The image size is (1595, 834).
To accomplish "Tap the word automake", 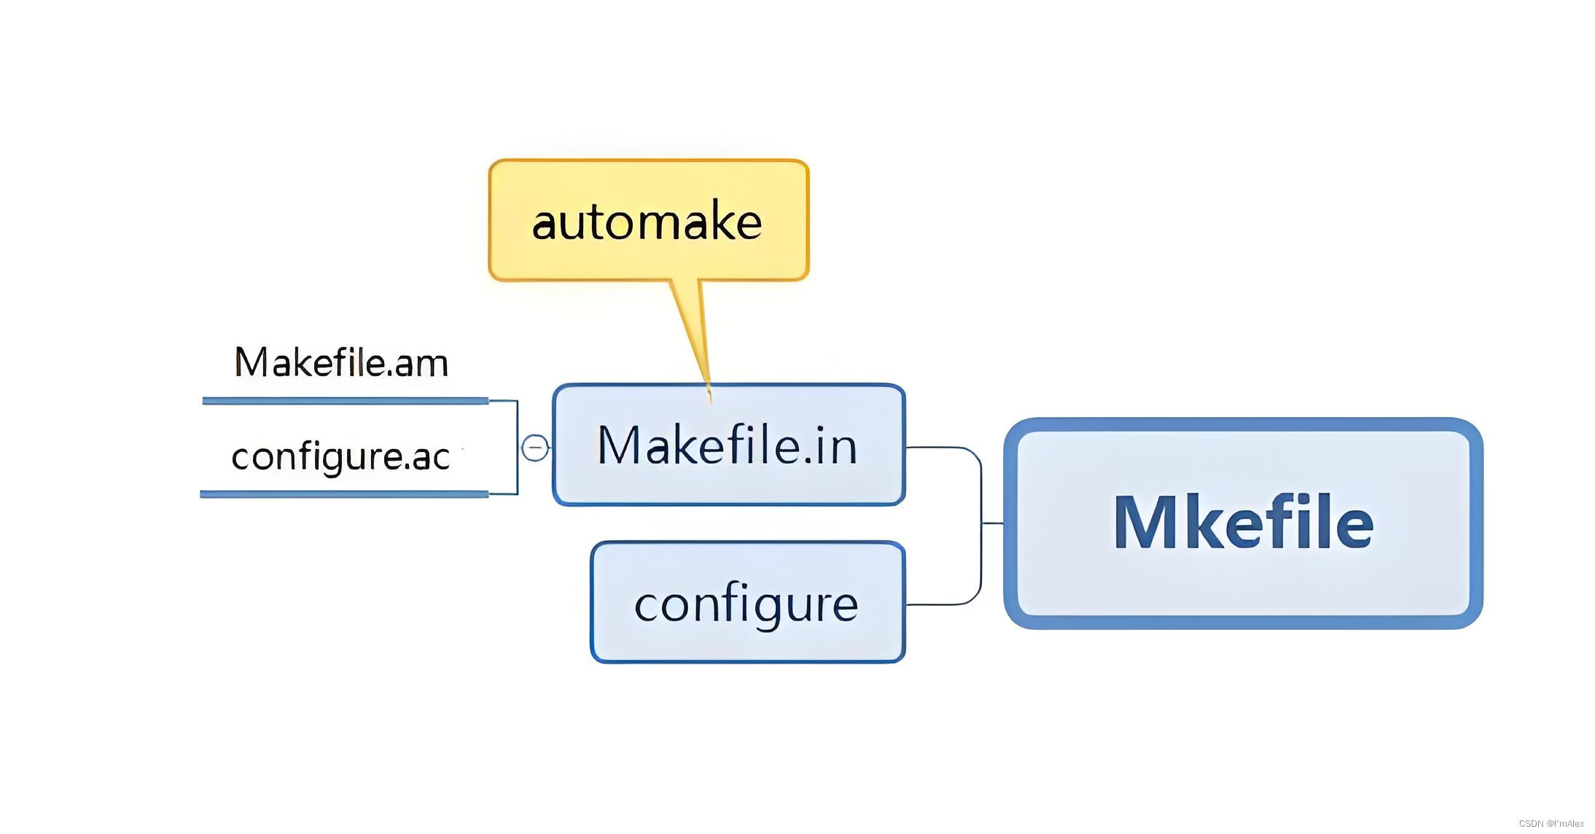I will tap(647, 222).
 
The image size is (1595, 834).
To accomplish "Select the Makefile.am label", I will tap(340, 362).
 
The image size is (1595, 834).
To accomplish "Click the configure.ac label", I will tap(340, 457).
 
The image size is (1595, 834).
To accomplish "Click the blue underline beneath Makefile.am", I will tap(345, 400).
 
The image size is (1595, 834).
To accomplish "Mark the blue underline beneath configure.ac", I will tap(344, 494).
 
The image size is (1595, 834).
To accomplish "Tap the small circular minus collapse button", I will tap(535, 447).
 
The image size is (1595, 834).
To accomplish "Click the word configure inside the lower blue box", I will tap(746, 604).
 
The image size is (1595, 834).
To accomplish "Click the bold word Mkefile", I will tap(1243, 522).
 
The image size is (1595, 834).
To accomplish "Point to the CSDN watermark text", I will tap(1551, 823).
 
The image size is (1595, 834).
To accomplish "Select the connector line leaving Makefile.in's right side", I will tap(940, 447).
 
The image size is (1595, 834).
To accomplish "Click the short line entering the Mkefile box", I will tap(992, 523).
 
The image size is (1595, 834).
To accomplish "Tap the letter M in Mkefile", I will tap(1144, 522).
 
